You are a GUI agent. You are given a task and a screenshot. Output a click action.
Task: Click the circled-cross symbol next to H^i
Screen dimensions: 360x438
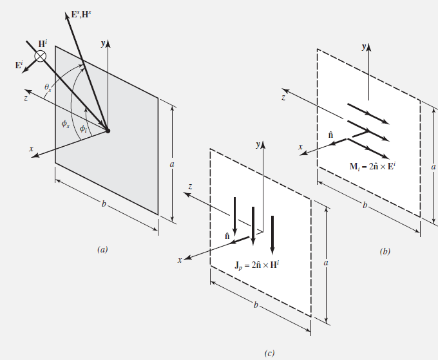click(x=41, y=56)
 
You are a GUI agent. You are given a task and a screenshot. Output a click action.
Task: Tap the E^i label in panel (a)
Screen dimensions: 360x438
click(x=20, y=64)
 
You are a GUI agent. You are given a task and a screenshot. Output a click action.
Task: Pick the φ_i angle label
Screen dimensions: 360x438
click(x=83, y=128)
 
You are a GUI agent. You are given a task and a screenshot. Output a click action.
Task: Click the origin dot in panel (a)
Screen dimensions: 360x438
click(x=108, y=131)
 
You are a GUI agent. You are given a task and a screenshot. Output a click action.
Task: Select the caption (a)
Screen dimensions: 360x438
click(x=102, y=248)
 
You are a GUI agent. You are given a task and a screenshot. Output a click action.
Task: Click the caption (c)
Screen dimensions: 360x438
click(x=269, y=352)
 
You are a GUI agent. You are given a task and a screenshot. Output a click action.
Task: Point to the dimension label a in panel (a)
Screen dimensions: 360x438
click(x=172, y=164)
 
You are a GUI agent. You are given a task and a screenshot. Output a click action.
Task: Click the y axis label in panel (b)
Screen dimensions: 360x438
click(x=365, y=47)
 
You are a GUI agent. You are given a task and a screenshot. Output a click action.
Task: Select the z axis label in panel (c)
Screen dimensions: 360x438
click(x=189, y=185)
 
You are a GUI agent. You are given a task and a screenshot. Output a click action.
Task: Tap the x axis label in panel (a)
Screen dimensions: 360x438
click(x=31, y=148)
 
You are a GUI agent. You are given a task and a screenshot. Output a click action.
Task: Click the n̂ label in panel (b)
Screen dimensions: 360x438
click(x=330, y=135)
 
